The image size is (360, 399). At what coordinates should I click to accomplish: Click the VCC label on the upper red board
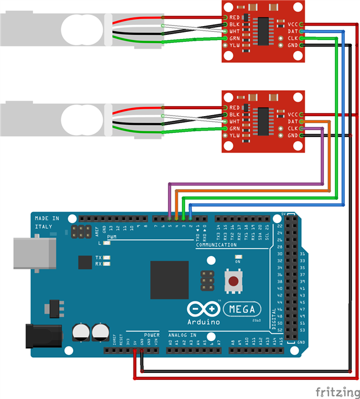pos(292,24)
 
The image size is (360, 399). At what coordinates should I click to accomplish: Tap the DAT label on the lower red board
pos(292,121)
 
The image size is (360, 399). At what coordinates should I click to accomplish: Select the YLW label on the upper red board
pos(235,45)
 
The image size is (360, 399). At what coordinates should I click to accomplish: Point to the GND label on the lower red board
pos(292,135)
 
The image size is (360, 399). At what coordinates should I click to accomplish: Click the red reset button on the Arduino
pos(233,282)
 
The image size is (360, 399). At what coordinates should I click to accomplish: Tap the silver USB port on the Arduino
pos(34,253)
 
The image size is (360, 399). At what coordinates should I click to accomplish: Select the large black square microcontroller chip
pos(170,279)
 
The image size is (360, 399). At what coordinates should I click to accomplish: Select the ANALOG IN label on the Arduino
pos(182,335)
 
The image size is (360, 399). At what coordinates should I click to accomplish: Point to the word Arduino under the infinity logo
pos(203,321)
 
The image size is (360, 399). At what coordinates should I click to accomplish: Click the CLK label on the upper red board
pos(292,38)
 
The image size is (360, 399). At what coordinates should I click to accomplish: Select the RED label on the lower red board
pos(235,108)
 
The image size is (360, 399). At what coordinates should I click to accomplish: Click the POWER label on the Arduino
pos(151,335)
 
